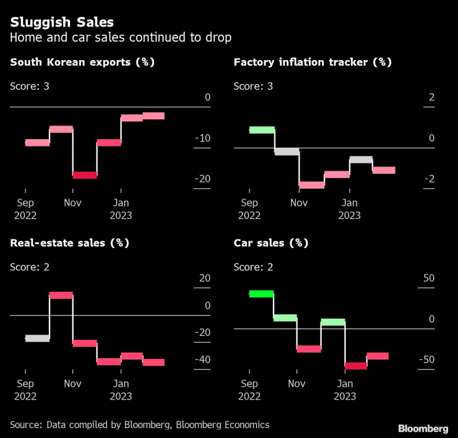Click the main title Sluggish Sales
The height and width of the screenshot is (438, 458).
click(x=61, y=23)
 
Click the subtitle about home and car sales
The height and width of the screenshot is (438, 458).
click(x=121, y=38)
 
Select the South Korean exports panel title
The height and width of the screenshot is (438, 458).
click(x=82, y=62)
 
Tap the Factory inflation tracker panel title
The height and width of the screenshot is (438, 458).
click(x=313, y=62)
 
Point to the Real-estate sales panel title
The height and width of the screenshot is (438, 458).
click(x=69, y=243)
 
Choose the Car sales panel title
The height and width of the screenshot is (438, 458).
click(x=270, y=243)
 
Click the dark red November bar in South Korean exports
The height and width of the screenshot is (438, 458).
click(x=85, y=175)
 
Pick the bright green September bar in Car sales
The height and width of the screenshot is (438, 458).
click(x=261, y=294)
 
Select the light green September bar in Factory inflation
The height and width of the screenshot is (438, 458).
click(x=261, y=130)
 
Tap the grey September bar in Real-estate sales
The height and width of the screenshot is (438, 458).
click(x=37, y=338)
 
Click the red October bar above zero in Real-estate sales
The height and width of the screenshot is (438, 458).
click(x=61, y=295)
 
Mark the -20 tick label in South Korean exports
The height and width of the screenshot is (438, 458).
click(x=202, y=179)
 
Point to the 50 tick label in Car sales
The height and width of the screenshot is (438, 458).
click(x=428, y=278)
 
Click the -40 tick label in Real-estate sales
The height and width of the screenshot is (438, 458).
click(x=202, y=360)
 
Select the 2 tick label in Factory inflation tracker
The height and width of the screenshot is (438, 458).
click(x=431, y=98)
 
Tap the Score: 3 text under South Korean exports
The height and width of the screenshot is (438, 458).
click(x=30, y=85)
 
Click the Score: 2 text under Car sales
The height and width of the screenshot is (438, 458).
click(x=253, y=267)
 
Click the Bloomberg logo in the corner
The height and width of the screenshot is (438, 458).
click(x=423, y=429)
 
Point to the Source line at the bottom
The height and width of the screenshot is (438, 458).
click(x=139, y=424)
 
